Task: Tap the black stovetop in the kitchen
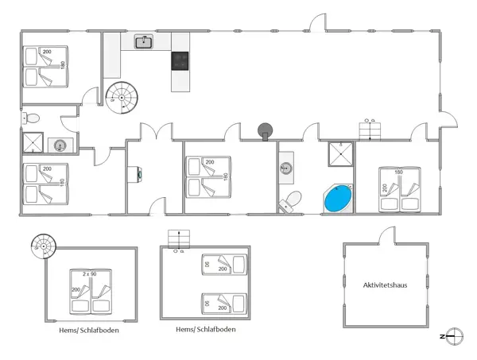(x=180, y=61)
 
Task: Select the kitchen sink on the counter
(x=144, y=42)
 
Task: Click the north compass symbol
(x=452, y=335)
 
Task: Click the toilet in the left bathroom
(x=33, y=118)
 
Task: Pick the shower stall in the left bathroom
(x=34, y=141)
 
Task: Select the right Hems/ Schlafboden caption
(x=205, y=329)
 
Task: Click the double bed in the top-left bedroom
(x=46, y=67)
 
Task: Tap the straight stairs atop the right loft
(x=180, y=239)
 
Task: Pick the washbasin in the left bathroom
(x=60, y=145)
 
